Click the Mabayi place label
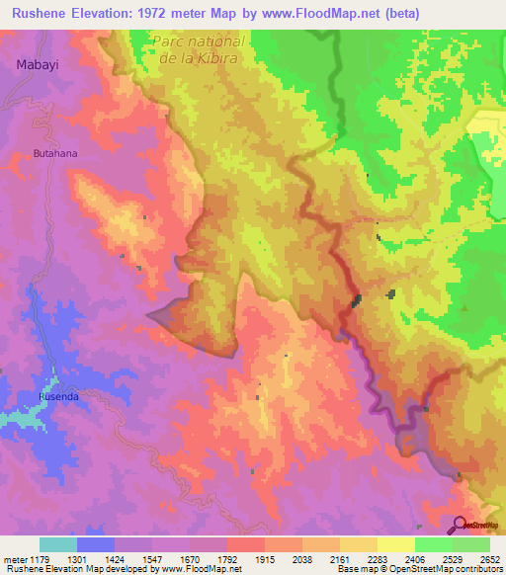[x=36, y=64]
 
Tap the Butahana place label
[x=55, y=154]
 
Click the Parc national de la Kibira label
[x=199, y=49]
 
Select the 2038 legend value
[x=300, y=558]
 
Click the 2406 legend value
[x=414, y=558]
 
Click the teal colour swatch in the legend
[x=58, y=544]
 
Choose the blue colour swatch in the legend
[x=96, y=544]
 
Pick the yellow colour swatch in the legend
[x=395, y=544]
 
